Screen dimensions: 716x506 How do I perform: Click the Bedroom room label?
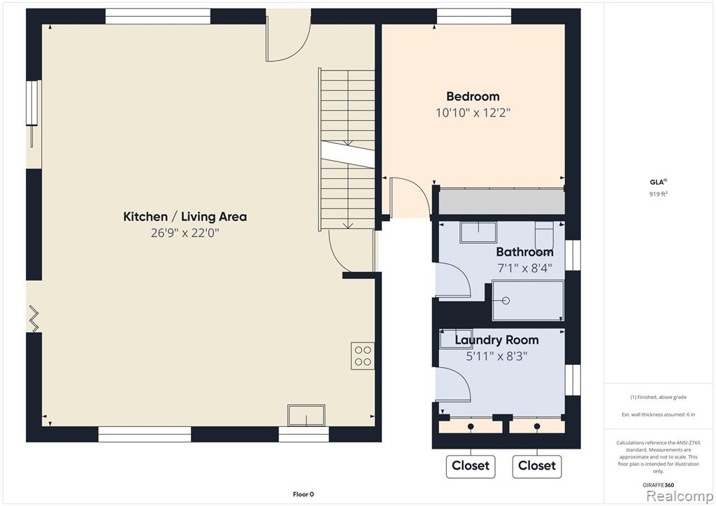(473, 96)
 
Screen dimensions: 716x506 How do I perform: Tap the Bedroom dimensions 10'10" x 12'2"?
(473, 113)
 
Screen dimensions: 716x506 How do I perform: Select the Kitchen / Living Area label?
(185, 216)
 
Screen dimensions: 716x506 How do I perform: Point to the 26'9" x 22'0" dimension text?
(185, 233)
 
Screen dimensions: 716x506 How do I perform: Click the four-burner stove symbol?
(363, 356)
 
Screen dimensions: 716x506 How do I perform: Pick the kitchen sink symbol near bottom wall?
(306, 415)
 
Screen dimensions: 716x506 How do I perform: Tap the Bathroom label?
(524, 252)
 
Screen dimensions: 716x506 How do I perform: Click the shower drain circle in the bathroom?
(506, 301)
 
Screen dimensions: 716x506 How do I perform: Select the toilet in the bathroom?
(544, 236)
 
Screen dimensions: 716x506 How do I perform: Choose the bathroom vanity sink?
(478, 233)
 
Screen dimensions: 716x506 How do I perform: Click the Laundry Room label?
(497, 340)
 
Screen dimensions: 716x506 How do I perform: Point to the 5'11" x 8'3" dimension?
(497, 356)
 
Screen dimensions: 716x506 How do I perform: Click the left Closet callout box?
(471, 466)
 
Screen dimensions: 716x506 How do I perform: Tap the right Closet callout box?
(537, 466)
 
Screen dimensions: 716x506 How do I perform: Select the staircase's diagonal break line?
(348, 154)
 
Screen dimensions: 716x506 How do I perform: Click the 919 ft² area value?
(659, 194)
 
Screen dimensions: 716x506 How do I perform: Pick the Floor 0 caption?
(303, 494)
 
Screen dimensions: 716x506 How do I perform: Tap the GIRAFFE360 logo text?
(658, 485)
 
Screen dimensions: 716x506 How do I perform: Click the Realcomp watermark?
(680, 496)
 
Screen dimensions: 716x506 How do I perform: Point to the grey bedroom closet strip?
(502, 202)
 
